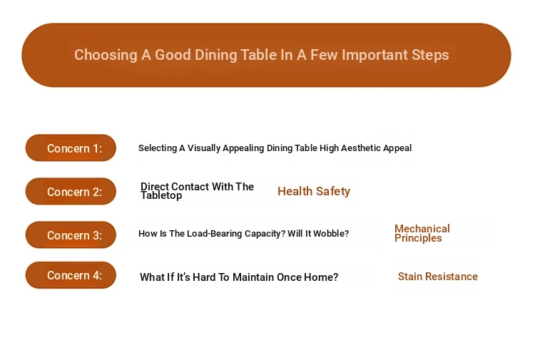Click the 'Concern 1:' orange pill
(71, 148)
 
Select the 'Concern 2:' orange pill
(71, 191)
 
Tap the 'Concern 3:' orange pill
(71, 235)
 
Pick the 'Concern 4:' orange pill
(71, 275)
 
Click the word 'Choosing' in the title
(106, 55)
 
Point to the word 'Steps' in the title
(430, 55)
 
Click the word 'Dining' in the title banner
(215, 55)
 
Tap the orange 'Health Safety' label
(314, 191)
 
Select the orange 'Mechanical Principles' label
(422, 233)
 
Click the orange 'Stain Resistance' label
(438, 277)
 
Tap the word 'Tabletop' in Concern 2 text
(161, 195)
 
